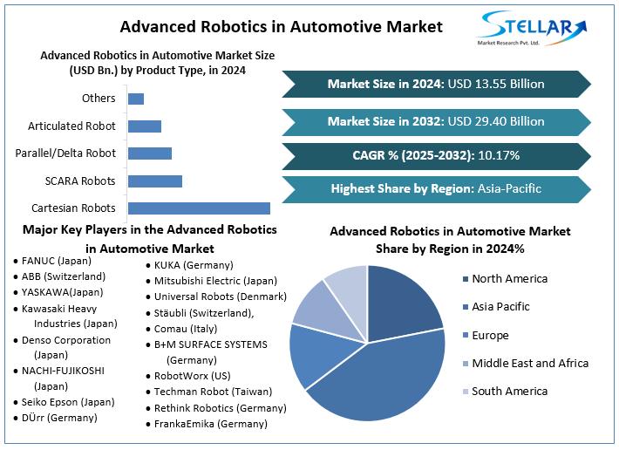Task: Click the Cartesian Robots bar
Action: click(x=199, y=208)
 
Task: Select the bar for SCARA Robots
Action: click(x=155, y=181)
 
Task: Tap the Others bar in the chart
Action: click(x=136, y=99)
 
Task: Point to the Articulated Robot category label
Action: click(x=71, y=126)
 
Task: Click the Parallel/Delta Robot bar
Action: click(x=150, y=153)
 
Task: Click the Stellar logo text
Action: click(x=532, y=24)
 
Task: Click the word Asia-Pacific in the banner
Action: click(x=509, y=188)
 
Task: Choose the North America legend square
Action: click(x=462, y=279)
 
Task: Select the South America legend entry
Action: click(x=510, y=391)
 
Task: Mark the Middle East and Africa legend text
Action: click(x=530, y=363)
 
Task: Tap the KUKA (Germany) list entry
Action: click(x=193, y=265)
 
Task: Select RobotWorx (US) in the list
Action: click(x=193, y=376)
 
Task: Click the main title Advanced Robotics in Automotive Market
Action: click(x=281, y=26)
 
